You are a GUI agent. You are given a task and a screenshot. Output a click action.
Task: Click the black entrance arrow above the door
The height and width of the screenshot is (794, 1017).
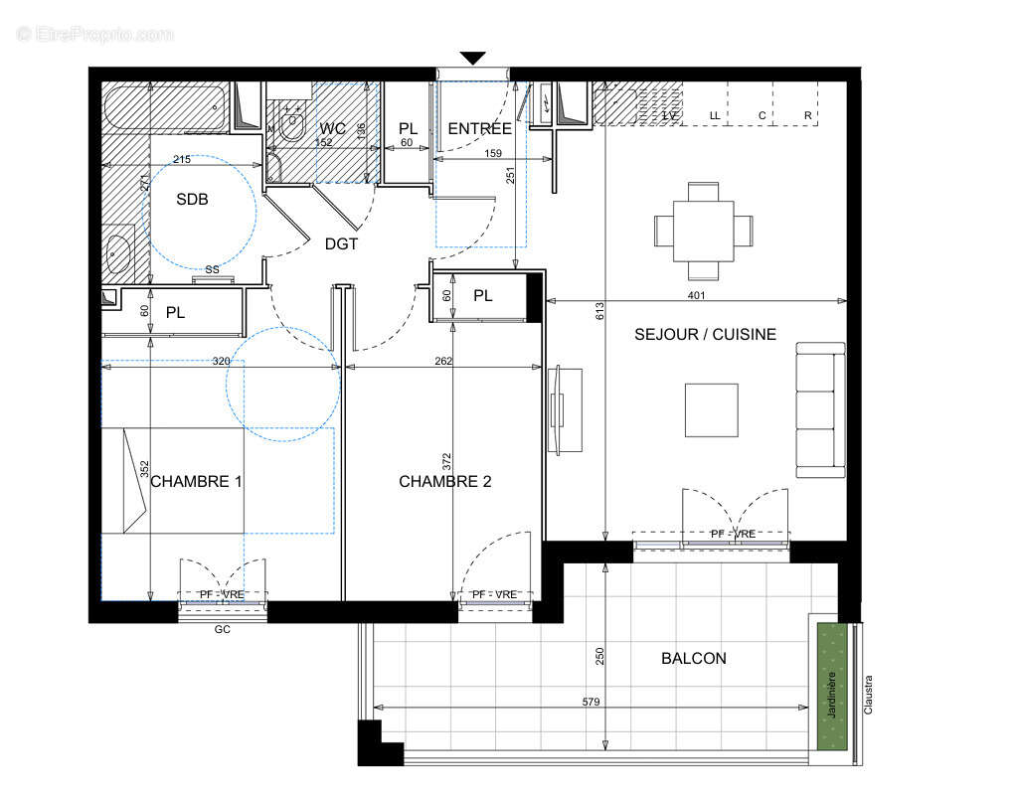pos(473,58)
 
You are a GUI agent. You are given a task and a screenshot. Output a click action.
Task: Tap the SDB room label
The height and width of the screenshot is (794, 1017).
pos(192,199)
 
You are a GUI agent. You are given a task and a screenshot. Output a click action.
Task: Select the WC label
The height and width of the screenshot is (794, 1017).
pos(332,128)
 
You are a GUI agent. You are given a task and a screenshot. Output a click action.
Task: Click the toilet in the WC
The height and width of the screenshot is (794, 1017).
pos(292,124)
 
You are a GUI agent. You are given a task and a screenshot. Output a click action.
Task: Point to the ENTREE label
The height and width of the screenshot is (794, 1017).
pos(479,128)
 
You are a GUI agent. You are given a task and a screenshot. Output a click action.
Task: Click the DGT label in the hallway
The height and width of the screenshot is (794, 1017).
pos(341,243)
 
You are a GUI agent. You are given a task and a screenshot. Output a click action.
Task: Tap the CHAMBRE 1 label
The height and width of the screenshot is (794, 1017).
pos(197,481)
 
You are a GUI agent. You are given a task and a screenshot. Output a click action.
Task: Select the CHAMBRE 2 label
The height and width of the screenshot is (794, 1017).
pos(444,481)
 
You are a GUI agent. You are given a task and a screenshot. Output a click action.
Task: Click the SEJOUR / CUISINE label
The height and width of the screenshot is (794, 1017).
pos(705,335)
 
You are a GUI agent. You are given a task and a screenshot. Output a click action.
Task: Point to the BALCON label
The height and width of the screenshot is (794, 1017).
pos(693,658)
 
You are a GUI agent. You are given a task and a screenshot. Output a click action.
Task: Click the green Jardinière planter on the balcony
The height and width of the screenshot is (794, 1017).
pos(833,686)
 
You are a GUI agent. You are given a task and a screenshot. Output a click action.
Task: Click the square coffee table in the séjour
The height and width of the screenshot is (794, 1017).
pos(711,409)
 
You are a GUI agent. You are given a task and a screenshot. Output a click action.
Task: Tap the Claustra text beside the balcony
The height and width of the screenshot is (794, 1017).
pos(868,697)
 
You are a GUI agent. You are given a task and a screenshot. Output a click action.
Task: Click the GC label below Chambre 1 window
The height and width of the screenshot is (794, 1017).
pos(222,629)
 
